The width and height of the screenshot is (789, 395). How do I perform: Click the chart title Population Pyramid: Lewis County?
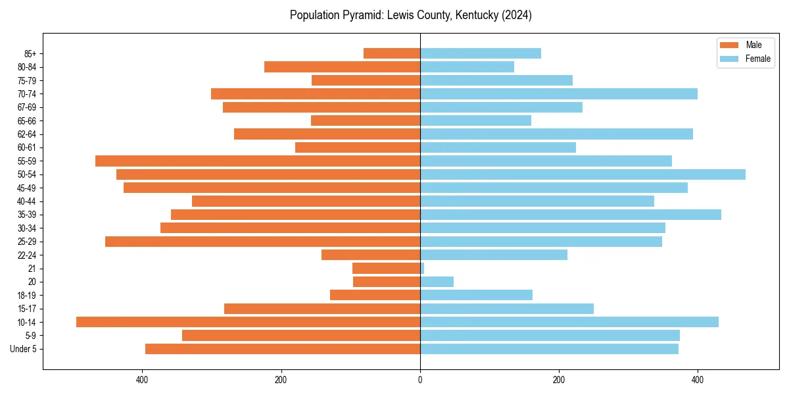(x=410, y=15)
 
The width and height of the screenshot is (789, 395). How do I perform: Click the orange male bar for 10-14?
(x=248, y=322)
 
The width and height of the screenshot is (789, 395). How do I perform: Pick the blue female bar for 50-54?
(x=583, y=174)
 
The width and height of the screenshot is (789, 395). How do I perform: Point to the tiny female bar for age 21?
(x=422, y=269)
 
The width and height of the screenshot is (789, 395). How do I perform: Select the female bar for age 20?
(x=437, y=282)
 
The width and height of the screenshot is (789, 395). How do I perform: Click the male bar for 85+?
(x=392, y=53)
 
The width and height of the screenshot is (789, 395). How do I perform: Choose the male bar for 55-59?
(x=258, y=161)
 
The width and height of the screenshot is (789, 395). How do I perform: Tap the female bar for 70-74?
(x=559, y=93)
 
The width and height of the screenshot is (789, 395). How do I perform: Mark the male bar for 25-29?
(x=262, y=242)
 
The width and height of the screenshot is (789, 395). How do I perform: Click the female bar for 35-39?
(x=571, y=215)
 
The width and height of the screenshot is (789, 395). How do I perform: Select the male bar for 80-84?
(x=342, y=66)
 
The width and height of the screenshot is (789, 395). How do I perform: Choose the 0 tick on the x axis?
(x=420, y=379)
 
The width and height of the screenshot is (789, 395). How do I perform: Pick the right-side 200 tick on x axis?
(x=559, y=379)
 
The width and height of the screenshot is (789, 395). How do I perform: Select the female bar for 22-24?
(x=494, y=255)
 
